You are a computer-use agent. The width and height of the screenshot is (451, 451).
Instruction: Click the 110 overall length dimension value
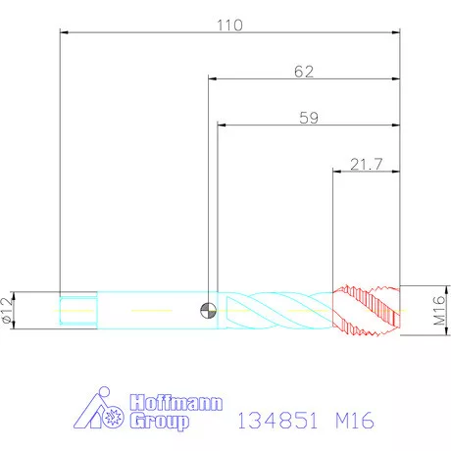tap(230, 25)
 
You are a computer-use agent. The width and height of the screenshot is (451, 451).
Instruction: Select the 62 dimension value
tap(304, 72)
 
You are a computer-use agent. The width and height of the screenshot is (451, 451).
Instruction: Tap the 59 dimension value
tap(309, 118)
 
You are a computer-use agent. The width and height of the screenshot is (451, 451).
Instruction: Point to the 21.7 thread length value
tap(367, 164)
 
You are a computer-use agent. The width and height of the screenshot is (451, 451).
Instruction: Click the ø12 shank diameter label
tap(7, 311)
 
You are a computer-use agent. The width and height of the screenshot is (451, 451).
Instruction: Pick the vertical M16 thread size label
tap(440, 311)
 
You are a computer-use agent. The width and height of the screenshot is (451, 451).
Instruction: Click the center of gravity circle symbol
tap(208, 310)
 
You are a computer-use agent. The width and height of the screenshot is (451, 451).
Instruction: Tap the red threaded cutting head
tap(366, 311)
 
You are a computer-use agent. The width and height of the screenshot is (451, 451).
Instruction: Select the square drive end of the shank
tap(78, 311)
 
